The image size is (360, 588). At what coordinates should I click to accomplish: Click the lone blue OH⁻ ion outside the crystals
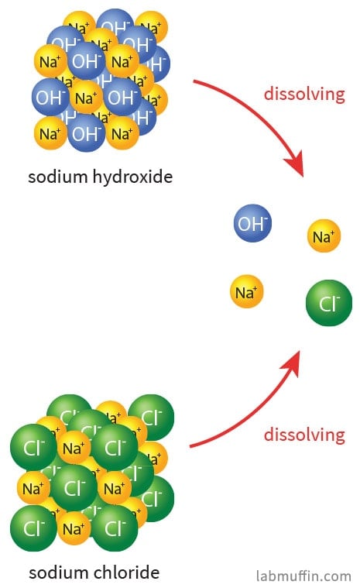pyautogui.click(x=252, y=223)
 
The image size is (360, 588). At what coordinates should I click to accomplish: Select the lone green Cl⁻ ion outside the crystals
pyautogui.click(x=329, y=303)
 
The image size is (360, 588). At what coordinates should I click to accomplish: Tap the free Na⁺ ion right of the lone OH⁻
pyautogui.click(x=324, y=236)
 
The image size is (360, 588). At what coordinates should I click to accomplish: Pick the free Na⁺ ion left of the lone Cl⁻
pyautogui.click(x=246, y=291)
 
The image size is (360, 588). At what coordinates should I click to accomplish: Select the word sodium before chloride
pyautogui.click(x=59, y=573)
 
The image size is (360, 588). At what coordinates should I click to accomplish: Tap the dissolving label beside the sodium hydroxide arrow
pyautogui.click(x=304, y=94)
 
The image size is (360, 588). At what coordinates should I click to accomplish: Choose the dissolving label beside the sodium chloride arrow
pyautogui.click(x=304, y=435)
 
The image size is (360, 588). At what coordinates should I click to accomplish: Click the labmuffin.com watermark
pyautogui.click(x=303, y=576)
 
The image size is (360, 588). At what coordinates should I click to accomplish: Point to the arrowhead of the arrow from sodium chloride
pyautogui.click(x=293, y=363)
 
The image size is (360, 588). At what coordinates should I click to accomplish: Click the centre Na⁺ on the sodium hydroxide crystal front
pyautogui.click(x=86, y=97)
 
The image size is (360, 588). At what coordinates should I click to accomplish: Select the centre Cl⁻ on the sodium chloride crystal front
pyautogui.click(x=74, y=487)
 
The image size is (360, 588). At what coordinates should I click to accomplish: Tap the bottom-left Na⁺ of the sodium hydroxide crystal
pyautogui.click(x=50, y=133)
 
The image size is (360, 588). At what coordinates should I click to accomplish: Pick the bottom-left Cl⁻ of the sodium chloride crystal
pyautogui.click(x=33, y=528)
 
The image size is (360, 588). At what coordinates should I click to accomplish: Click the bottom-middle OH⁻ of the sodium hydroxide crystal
pyautogui.click(x=86, y=133)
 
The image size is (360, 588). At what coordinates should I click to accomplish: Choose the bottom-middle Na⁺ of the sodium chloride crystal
pyautogui.click(x=74, y=528)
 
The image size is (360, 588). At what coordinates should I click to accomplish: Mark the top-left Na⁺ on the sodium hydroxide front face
pyautogui.click(x=50, y=60)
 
